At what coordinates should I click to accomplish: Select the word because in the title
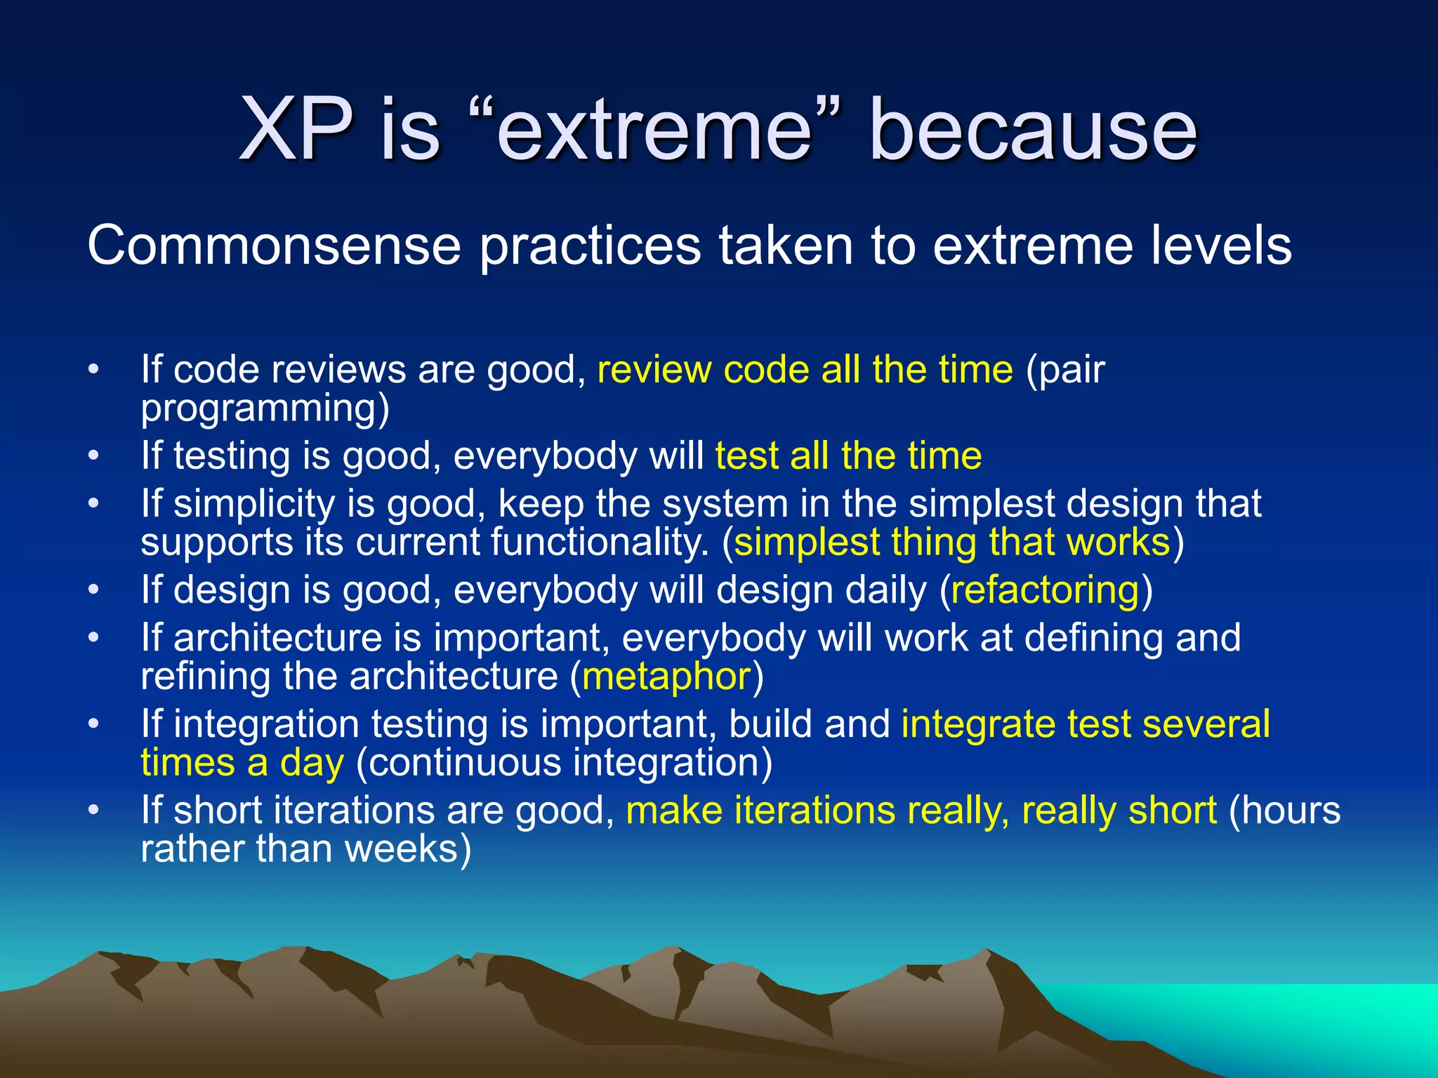click(x=1033, y=130)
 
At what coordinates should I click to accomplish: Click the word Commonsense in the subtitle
click(x=273, y=246)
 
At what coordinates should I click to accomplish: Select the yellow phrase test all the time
click(x=848, y=456)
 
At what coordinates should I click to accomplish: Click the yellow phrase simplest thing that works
click(x=952, y=543)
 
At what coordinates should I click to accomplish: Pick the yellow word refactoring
click(x=1045, y=590)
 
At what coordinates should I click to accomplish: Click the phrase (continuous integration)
click(x=564, y=764)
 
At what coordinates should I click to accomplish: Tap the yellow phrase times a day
click(x=242, y=764)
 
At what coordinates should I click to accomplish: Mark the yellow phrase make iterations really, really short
click(x=921, y=811)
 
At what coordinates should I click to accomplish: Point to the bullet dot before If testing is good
click(x=94, y=457)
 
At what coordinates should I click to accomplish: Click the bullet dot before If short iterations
click(x=94, y=811)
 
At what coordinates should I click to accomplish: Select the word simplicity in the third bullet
click(x=253, y=505)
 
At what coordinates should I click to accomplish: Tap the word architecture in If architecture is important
click(x=277, y=638)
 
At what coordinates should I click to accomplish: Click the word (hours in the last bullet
click(x=1284, y=811)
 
